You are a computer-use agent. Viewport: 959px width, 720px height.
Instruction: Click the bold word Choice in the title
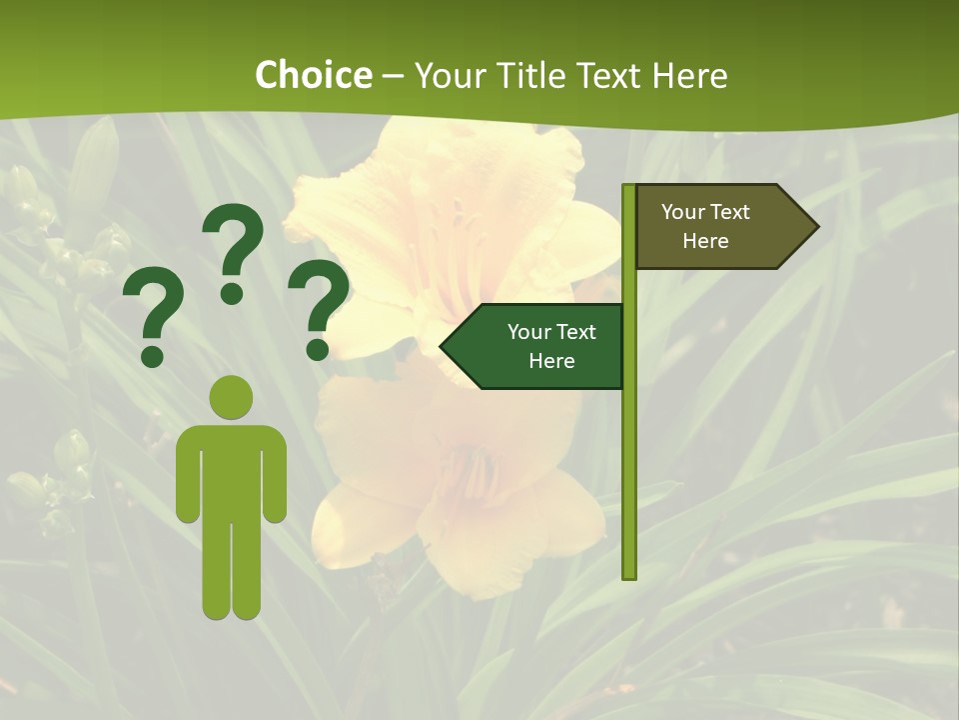click(x=313, y=75)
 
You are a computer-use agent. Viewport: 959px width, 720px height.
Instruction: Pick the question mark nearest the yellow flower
click(x=319, y=306)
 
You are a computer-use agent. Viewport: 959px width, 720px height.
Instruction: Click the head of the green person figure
click(x=231, y=398)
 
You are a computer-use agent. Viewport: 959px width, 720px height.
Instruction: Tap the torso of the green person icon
click(x=231, y=470)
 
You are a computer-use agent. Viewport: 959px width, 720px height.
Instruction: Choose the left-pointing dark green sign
click(x=534, y=346)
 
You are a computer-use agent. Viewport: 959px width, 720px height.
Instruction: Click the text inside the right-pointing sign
click(x=705, y=226)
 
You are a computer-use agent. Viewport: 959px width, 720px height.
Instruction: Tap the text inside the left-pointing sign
click(x=551, y=346)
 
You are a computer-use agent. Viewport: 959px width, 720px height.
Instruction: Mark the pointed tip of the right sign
click(x=816, y=226)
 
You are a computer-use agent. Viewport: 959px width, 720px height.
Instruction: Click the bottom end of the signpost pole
click(x=629, y=575)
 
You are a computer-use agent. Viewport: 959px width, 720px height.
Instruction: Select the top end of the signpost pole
click(x=629, y=188)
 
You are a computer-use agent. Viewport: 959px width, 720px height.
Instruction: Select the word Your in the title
click(x=448, y=75)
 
